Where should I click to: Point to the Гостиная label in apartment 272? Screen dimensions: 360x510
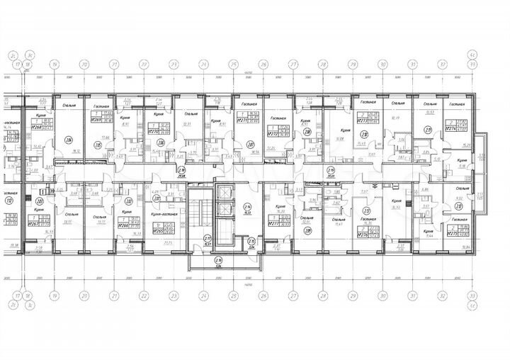[277, 119]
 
